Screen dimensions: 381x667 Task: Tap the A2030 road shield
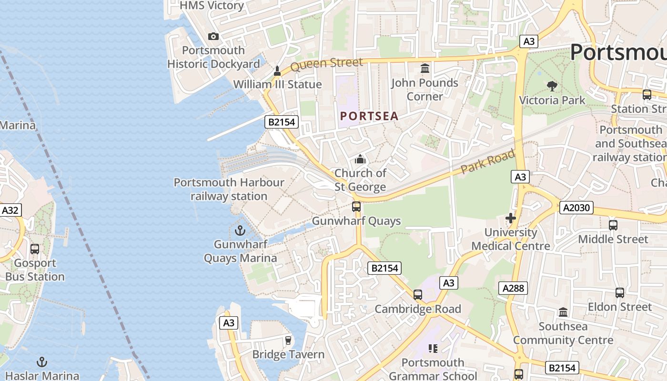point(576,207)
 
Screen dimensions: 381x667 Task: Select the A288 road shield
point(513,288)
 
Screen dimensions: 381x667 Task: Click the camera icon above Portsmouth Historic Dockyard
point(213,36)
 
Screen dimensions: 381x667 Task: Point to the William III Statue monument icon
point(277,71)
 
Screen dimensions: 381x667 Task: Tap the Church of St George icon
point(360,159)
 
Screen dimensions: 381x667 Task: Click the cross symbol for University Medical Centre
point(511,218)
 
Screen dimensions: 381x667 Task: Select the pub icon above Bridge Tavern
point(288,340)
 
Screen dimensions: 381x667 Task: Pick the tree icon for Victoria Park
point(552,86)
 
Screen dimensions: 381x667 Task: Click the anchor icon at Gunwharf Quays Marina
point(240,231)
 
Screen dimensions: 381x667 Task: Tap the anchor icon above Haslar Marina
point(42,362)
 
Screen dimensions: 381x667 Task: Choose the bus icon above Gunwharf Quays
point(356,207)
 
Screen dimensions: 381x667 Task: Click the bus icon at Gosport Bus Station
point(35,249)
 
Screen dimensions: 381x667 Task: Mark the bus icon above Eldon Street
point(619,292)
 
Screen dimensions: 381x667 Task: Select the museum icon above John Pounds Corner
point(425,69)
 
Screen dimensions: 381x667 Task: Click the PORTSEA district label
point(370,116)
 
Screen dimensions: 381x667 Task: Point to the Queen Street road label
point(326,64)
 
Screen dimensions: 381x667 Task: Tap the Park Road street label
point(488,162)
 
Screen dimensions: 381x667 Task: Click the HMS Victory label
point(212,6)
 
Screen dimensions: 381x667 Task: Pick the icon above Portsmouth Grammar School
point(433,349)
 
